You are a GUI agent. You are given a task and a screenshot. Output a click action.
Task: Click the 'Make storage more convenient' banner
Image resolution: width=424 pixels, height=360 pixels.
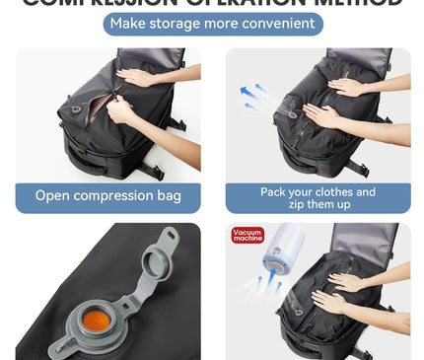coord(212,24)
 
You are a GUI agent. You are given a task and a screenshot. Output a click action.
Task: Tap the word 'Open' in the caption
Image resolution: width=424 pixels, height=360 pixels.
coord(54,195)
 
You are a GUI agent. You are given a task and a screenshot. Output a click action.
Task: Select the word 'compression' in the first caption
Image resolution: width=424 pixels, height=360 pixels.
coord(115,195)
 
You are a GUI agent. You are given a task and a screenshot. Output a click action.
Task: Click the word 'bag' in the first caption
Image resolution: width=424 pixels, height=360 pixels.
coord(169,195)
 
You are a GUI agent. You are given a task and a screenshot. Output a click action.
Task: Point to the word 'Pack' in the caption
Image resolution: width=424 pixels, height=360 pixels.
coord(276,191)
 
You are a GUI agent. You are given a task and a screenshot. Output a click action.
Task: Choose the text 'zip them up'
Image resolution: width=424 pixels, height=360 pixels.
coord(318,204)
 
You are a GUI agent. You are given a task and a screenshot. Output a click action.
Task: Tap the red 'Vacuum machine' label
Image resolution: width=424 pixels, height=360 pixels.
coord(248,235)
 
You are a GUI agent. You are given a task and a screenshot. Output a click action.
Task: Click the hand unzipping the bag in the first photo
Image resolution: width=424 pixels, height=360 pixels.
coord(122,110)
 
